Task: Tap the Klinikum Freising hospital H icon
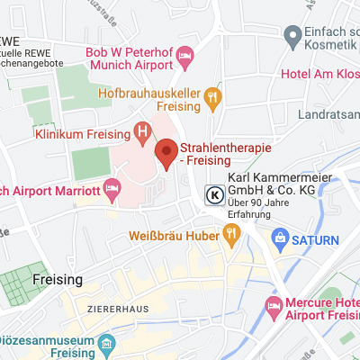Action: tap(142, 132)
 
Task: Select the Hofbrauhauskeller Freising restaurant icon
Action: tap(213, 95)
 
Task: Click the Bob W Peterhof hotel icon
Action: tap(185, 56)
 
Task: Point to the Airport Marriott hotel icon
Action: tap(112, 190)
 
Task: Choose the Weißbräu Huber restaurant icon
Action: tap(231, 237)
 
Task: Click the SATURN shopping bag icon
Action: tap(279, 239)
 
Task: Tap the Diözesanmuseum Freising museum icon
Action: tap(108, 344)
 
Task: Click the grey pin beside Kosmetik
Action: tap(292, 36)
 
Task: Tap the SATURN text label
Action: tap(315, 239)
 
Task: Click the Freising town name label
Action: tap(57, 280)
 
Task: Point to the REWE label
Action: tap(13, 40)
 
